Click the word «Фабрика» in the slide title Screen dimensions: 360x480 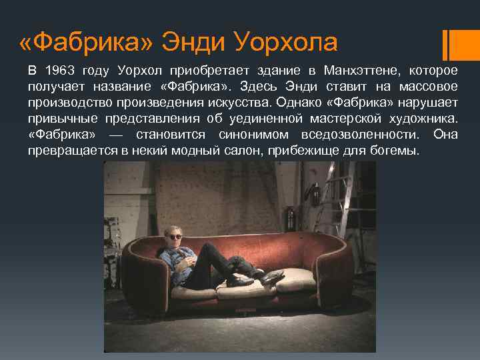click(87, 43)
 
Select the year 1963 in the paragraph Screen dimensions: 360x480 click(59, 71)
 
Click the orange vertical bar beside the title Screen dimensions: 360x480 click(448, 43)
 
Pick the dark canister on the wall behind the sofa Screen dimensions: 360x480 click(291, 217)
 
